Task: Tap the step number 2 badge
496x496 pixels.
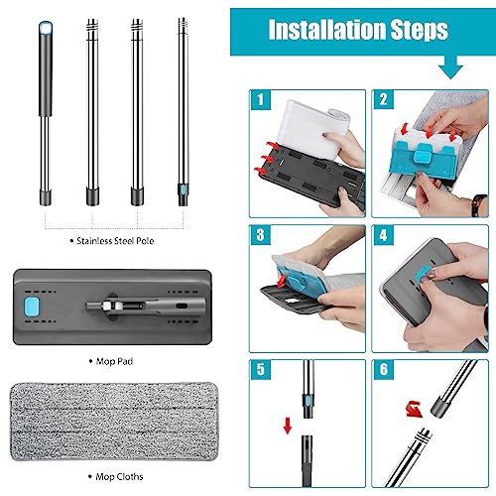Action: (x=383, y=99)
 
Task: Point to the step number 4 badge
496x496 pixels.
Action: (x=383, y=236)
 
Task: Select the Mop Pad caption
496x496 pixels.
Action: (x=114, y=363)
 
